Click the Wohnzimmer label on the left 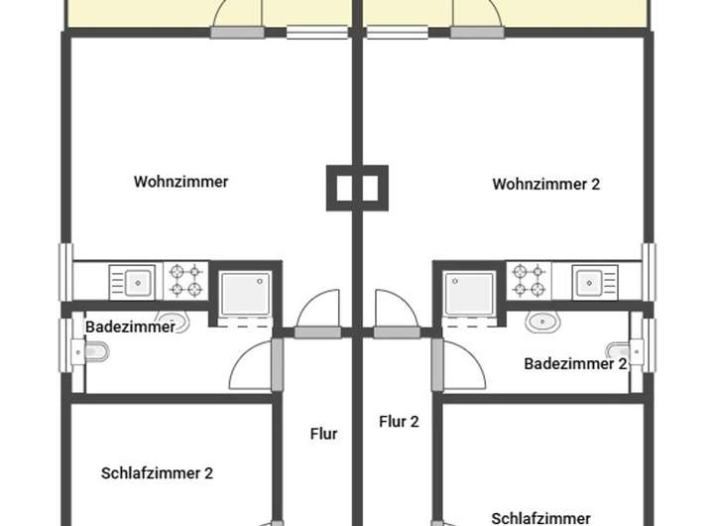[180, 182]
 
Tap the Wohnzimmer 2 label [545, 184]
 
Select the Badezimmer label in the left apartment [130, 327]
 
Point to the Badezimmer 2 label [575, 363]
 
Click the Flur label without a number [323, 434]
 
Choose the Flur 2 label [399, 421]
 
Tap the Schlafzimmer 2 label [157, 473]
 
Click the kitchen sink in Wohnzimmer [132, 281]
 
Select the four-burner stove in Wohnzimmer [185, 280]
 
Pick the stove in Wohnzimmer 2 [529, 280]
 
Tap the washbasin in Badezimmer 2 [543, 322]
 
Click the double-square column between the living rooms [357, 187]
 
